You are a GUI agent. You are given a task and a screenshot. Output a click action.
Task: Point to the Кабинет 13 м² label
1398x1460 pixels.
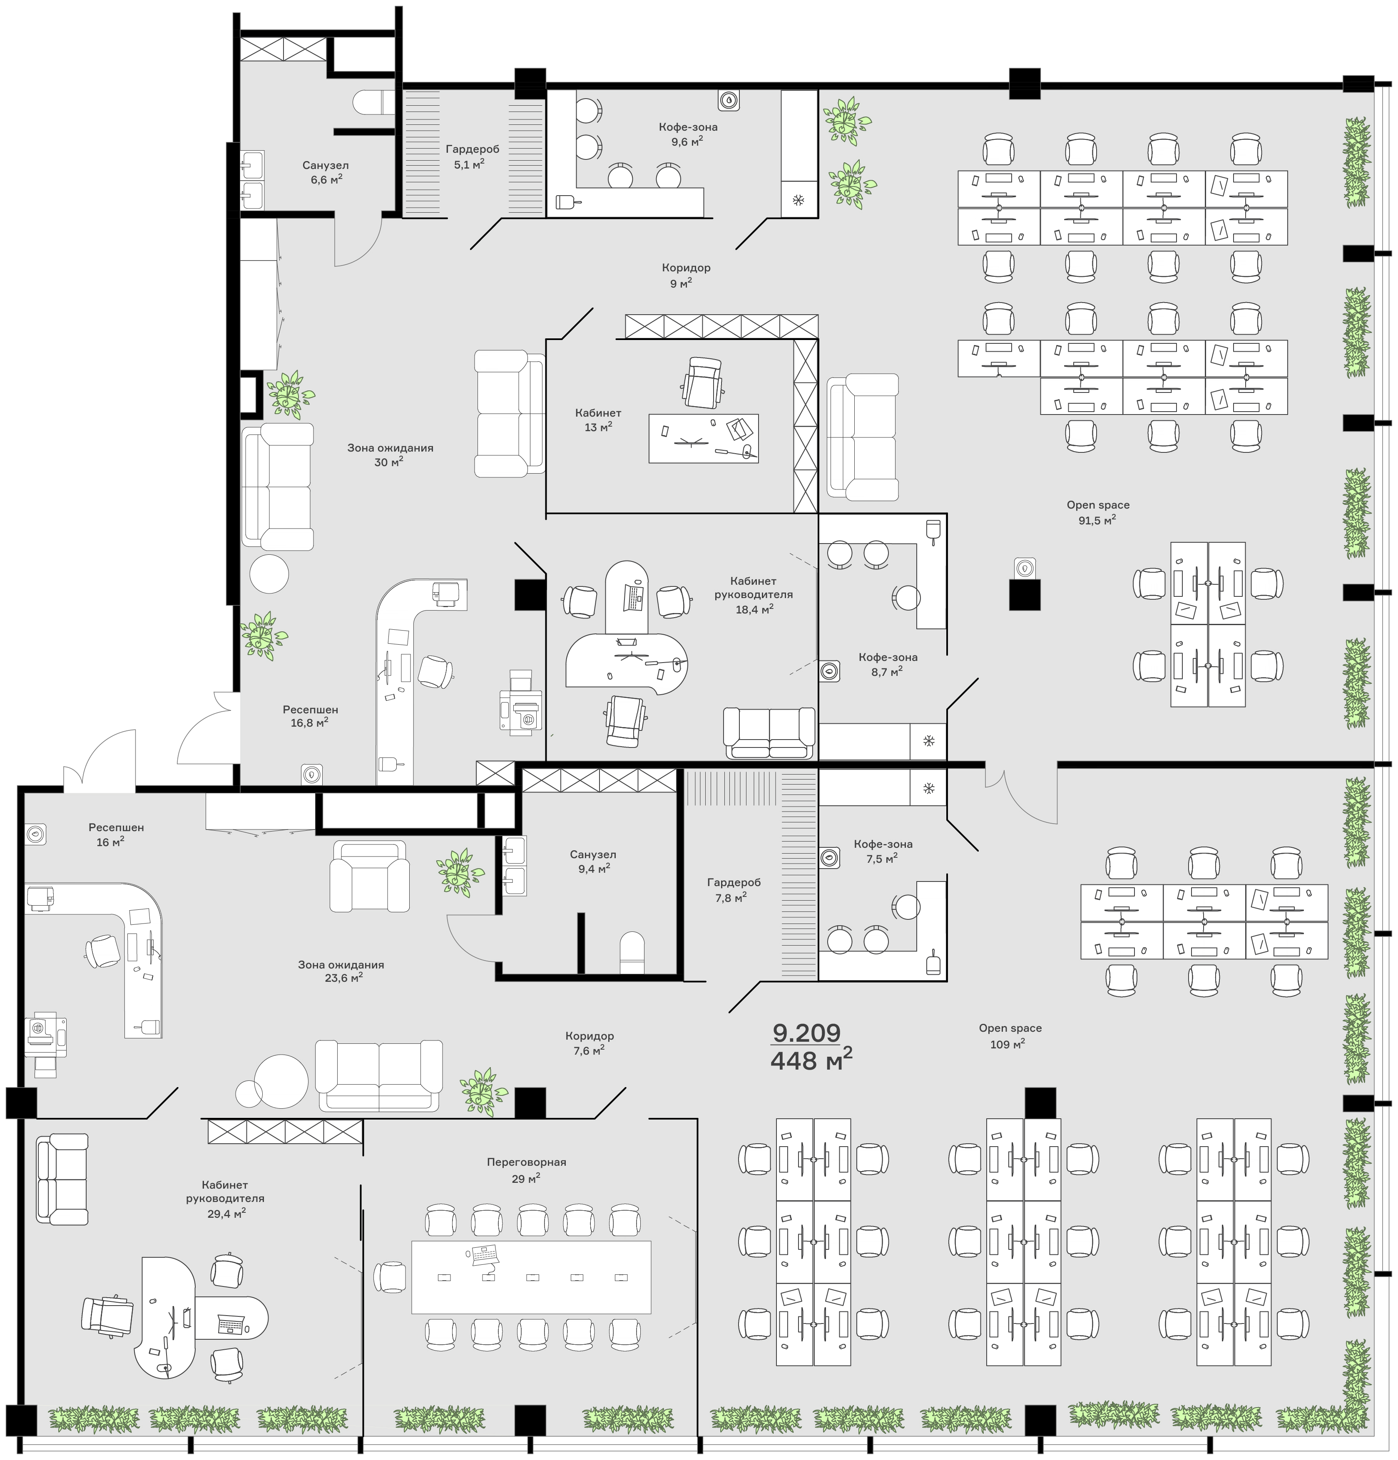point(598,420)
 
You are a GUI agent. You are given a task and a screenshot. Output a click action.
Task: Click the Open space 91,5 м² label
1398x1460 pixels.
point(1098,512)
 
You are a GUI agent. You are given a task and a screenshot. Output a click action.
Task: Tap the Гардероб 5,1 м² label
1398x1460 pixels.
point(473,156)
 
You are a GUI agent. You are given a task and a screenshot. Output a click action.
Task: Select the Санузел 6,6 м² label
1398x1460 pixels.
point(326,172)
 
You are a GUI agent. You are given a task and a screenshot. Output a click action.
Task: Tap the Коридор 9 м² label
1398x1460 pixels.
point(686,275)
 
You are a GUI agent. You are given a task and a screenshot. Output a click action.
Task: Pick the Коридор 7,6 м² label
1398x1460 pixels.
point(589,1043)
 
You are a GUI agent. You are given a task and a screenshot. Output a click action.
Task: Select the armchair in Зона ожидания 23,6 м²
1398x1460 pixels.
point(370,876)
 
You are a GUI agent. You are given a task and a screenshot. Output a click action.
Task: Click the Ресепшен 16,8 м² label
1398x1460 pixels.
point(310,716)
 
